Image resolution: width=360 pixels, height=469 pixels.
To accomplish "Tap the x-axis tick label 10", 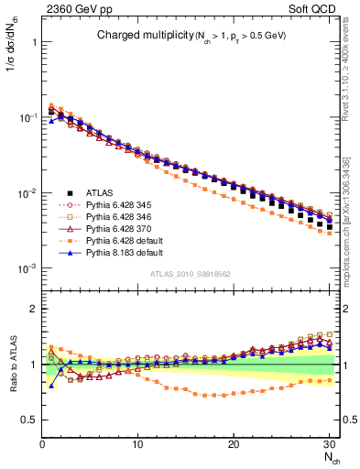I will click(136, 443).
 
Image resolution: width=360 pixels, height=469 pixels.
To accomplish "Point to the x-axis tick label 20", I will click(234, 443).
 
